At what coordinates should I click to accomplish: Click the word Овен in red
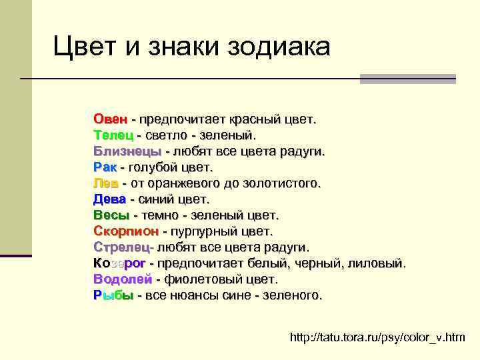111,120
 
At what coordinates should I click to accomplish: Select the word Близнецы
127,152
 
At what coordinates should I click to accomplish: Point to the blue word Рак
105,167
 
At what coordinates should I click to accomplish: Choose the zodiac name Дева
109,199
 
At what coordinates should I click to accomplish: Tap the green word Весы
111,215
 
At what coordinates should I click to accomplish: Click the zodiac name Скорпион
126,231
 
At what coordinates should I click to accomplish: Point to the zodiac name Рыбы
113,295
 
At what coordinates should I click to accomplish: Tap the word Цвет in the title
84,47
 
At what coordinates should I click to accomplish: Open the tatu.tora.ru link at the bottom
377,338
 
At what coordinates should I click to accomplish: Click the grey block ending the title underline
407,79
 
